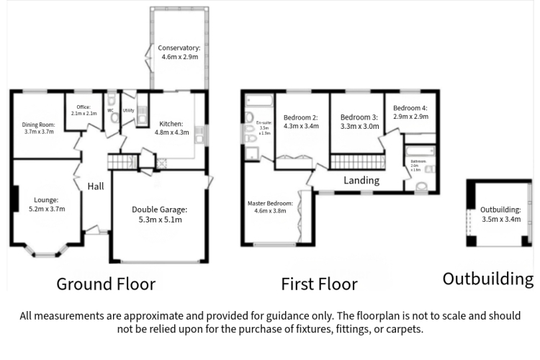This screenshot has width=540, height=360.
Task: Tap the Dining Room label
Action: [x=39, y=127]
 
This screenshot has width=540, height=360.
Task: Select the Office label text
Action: [x=84, y=110]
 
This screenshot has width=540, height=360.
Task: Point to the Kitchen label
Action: [x=171, y=127]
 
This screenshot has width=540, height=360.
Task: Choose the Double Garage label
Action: [x=159, y=215]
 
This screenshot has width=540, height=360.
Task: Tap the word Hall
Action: [x=96, y=186]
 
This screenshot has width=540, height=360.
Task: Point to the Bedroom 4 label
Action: [x=410, y=112]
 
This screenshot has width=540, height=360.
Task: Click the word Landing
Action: [x=361, y=180]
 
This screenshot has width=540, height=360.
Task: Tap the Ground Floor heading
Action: [x=106, y=284]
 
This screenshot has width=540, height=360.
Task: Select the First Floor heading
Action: [x=319, y=284]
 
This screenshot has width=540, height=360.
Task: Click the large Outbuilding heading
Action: [x=488, y=279]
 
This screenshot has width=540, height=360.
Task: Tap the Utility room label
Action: [x=129, y=111]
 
